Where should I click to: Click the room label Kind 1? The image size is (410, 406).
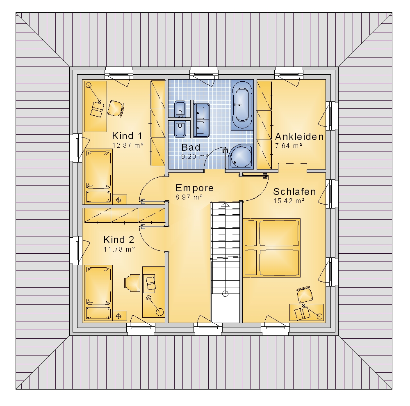127,136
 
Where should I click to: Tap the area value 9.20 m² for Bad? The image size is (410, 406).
194,156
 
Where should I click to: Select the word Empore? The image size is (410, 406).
194,188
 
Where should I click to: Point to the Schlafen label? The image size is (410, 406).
294,192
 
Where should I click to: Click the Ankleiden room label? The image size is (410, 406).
299,137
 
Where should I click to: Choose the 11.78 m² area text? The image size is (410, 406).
119,249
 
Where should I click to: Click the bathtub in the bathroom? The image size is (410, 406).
242,105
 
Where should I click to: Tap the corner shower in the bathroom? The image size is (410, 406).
240,156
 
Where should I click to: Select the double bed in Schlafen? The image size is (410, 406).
272,248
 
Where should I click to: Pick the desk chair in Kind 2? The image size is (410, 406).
132,283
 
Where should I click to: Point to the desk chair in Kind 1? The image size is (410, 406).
115,108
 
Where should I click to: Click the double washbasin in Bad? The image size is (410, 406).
201,120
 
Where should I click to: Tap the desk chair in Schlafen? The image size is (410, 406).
304,295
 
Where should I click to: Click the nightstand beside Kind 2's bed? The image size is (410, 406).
119,316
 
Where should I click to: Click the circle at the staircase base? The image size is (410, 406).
225,294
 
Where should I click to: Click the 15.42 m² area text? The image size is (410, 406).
289,201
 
